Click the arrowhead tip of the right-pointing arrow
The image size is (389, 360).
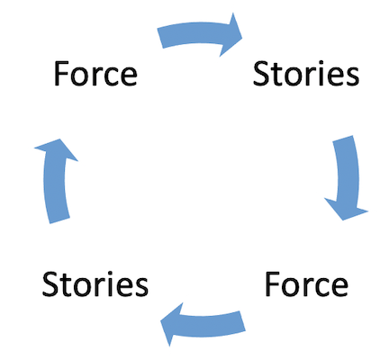pyautogui.click(x=242, y=38)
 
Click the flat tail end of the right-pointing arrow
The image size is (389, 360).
pyautogui.click(x=160, y=39)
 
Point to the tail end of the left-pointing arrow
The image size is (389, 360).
pyautogui.click(x=243, y=321)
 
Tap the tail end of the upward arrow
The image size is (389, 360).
pyautogui.click(x=59, y=220)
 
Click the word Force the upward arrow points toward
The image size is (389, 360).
pyautogui.click(x=95, y=74)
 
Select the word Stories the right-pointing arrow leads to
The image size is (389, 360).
pyautogui.click(x=306, y=74)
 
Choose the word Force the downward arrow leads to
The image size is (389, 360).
pyautogui.click(x=306, y=284)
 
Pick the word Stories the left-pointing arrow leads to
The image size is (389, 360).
pyautogui.click(x=95, y=284)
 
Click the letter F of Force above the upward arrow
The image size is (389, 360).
pyautogui.click(x=61, y=74)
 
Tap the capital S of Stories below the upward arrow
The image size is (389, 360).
pyautogui.click(x=50, y=284)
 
